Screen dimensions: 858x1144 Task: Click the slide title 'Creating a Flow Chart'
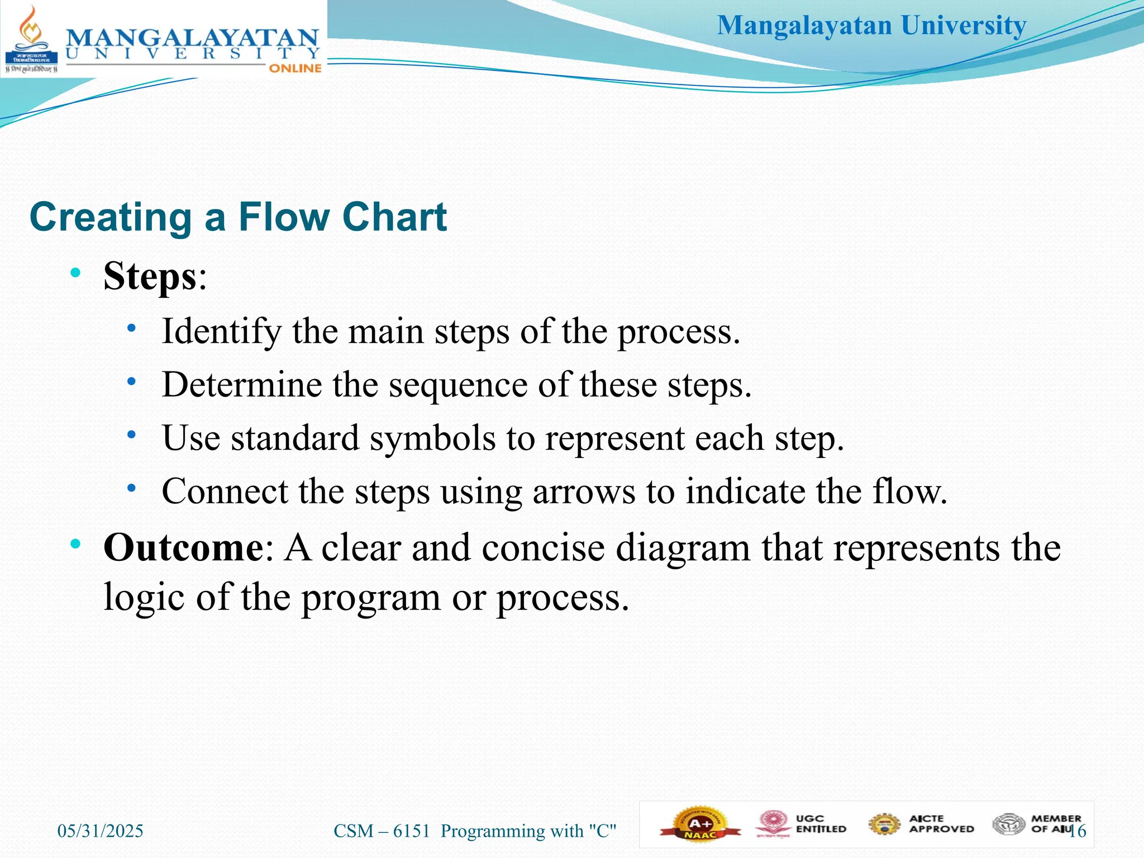pyautogui.click(x=238, y=217)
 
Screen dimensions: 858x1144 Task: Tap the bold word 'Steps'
pyautogui.click(x=150, y=276)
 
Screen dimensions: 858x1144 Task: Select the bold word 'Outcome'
pyautogui.click(x=183, y=547)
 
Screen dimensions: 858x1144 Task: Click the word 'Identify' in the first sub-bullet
pyautogui.click(x=221, y=331)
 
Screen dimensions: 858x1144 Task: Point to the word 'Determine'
pyautogui.click(x=242, y=385)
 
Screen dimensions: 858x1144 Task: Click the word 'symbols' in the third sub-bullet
pyautogui.click(x=432, y=438)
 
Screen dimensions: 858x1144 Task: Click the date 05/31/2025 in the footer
pyautogui.click(x=101, y=831)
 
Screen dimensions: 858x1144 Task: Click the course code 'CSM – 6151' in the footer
pyautogui.click(x=382, y=831)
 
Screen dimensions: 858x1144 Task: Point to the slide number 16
pyautogui.click(x=1078, y=831)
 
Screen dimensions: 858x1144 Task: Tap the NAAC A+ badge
pyautogui.click(x=700, y=824)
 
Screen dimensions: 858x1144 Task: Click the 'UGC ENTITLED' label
pyautogui.click(x=821, y=824)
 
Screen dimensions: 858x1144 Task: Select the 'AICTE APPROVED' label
pyautogui.click(x=941, y=824)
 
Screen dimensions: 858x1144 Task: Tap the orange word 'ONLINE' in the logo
pyautogui.click(x=295, y=68)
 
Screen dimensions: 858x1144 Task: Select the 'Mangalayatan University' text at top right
pyautogui.click(x=871, y=26)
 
